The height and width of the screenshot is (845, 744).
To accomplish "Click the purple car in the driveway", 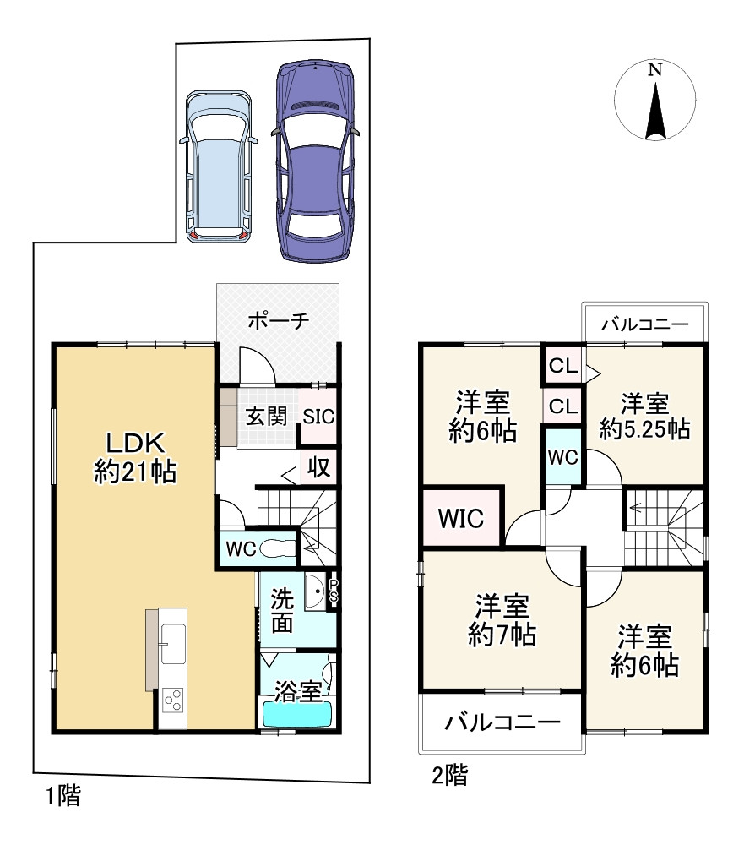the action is [316, 161].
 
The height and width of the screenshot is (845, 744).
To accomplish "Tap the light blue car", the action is [218, 167].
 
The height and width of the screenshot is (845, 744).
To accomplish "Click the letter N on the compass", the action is [654, 69].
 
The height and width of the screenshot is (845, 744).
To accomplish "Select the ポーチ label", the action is [279, 321].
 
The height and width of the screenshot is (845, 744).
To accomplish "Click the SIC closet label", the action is [318, 416].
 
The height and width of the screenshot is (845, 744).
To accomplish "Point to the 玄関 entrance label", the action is [266, 416].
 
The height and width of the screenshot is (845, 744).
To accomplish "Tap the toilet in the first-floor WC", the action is [278, 548].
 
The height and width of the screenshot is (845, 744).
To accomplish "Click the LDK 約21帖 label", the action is [135, 457].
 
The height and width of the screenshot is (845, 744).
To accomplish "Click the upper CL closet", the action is [563, 367].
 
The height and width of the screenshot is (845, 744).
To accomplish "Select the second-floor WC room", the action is [563, 457].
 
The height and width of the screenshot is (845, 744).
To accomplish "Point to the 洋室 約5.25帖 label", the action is [644, 417].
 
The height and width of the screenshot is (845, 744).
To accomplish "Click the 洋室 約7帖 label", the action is [502, 620].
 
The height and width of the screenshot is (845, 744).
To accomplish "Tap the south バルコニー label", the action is [502, 721].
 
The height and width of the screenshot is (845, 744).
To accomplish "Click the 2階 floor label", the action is [450, 776].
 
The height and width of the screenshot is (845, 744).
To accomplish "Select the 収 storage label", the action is [318, 466].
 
